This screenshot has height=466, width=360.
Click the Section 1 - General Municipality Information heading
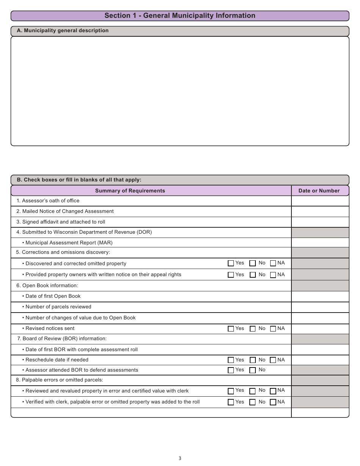coord(180,16)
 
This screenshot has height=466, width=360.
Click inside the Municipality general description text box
coord(180,91)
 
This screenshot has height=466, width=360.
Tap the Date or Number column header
coord(319,191)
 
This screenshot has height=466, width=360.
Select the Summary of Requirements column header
coord(130,191)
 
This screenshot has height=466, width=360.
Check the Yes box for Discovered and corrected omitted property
coord(231,263)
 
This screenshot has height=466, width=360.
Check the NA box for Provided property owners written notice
coord(273,275)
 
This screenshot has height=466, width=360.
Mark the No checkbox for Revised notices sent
coord(253,329)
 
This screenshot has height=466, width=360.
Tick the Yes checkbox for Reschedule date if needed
coord(231,360)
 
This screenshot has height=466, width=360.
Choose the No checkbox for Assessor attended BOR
coord(253,371)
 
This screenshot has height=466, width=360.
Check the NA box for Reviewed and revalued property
coord(273,391)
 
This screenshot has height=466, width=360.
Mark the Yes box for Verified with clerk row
coord(231,402)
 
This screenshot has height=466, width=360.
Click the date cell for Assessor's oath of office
coord(320,201)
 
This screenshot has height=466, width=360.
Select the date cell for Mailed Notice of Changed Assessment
coord(320,211)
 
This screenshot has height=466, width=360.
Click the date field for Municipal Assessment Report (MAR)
coord(320,242)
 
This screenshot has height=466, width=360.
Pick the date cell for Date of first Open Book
coord(320,296)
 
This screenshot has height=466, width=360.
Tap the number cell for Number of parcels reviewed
coord(320,307)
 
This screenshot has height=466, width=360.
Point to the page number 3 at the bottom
coord(180,458)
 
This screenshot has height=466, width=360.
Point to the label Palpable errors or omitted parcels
coord(63,380)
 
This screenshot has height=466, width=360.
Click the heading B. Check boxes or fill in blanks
coord(79,180)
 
